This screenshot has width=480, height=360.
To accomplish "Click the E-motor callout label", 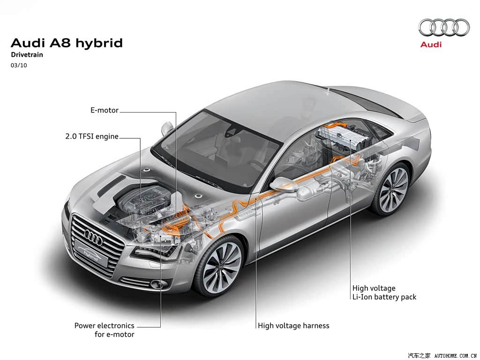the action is [x=105, y=110].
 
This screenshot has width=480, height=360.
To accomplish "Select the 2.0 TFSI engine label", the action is [x=92, y=136].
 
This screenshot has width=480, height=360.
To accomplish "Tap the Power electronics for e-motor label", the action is [x=105, y=330].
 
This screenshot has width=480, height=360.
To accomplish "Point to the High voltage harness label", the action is [x=293, y=325].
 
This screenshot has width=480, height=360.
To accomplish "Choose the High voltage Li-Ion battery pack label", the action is [x=384, y=292].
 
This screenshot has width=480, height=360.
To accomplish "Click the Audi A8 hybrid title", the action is [x=67, y=43].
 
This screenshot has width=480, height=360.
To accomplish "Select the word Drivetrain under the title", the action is [x=27, y=55].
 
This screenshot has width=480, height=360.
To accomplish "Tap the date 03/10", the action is [x=19, y=65].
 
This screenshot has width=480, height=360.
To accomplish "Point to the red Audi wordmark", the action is [x=431, y=45].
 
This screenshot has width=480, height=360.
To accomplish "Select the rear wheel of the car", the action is [x=393, y=189].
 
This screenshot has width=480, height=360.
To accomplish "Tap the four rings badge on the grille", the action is [x=93, y=236].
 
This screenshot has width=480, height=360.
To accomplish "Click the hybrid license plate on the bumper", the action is [x=91, y=254].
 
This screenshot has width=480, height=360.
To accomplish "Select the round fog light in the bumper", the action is [x=158, y=285].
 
